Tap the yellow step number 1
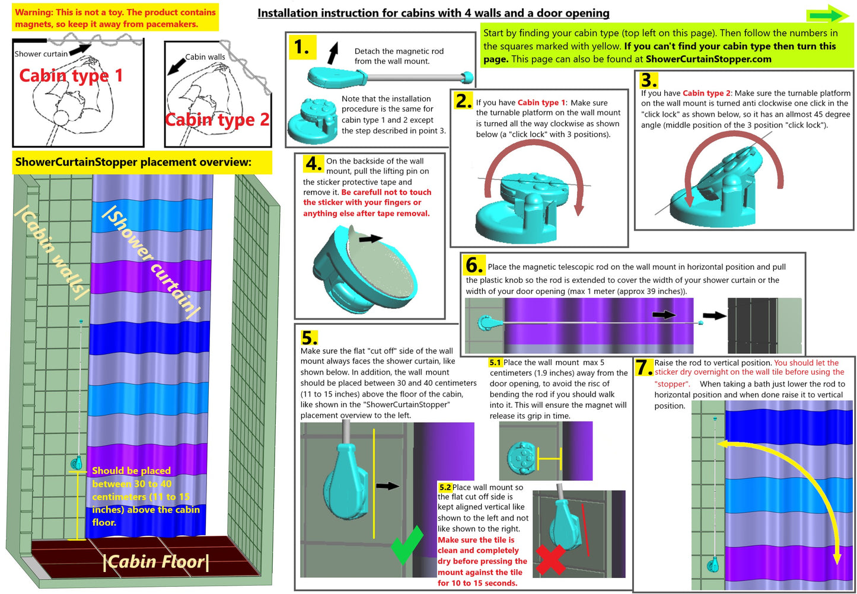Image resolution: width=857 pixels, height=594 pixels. click(302, 47)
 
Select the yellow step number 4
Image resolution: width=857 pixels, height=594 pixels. click(314, 164)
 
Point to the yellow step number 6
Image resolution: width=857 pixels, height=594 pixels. click(474, 264)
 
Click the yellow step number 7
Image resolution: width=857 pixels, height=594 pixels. click(644, 367)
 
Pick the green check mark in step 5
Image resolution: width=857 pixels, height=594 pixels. click(407, 545)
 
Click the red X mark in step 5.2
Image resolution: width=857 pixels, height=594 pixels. click(551, 559)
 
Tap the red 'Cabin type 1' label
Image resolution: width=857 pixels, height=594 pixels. click(71, 75)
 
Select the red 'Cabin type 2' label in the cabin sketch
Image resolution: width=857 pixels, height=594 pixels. click(217, 120)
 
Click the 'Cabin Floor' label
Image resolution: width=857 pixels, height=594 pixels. click(157, 561)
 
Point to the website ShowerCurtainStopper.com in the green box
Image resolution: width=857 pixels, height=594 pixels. click(709, 59)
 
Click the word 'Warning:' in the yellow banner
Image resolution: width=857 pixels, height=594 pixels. click(34, 12)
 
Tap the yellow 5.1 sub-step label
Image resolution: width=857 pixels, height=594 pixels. click(495, 362)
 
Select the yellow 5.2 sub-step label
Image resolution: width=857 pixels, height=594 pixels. click(445, 487)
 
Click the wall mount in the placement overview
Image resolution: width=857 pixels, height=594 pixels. click(77, 462)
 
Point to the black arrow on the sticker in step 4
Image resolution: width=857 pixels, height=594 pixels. click(371, 239)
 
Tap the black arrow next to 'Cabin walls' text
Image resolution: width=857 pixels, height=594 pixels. click(176, 66)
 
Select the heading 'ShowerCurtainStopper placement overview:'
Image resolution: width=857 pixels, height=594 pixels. click(133, 162)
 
